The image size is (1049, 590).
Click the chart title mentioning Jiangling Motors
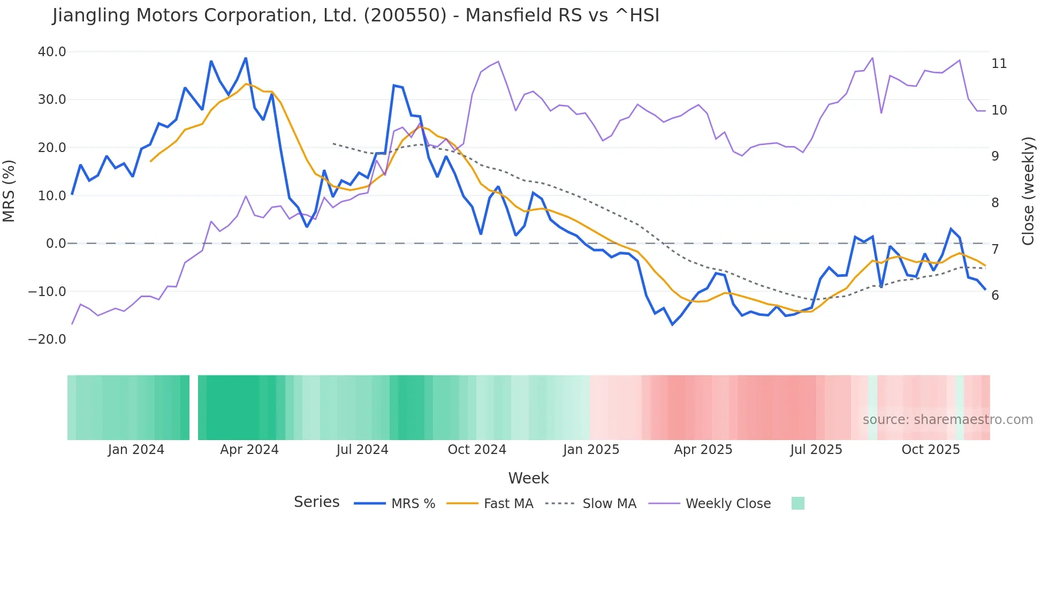coord(356,16)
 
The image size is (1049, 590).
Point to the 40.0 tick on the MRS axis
coord(52,52)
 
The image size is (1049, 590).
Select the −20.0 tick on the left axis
coord(47,339)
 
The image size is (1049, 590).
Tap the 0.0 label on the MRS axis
coord(56,244)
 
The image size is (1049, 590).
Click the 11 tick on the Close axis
coord(999,64)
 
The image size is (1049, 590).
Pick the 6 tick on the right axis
coord(995,296)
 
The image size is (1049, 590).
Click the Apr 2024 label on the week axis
coord(249,450)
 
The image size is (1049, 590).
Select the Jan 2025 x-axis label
coord(591,450)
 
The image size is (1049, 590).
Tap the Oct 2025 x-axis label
coord(931,450)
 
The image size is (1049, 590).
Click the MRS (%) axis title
coord(9,191)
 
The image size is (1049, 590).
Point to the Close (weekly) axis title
coord(1028,191)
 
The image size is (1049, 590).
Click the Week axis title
coord(528,478)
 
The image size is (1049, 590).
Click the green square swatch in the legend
coord(797,503)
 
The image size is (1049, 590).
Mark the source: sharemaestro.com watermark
coord(947,420)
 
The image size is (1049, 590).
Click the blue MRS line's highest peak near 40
coord(246,58)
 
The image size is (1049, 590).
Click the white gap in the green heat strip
coord(194,407)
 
